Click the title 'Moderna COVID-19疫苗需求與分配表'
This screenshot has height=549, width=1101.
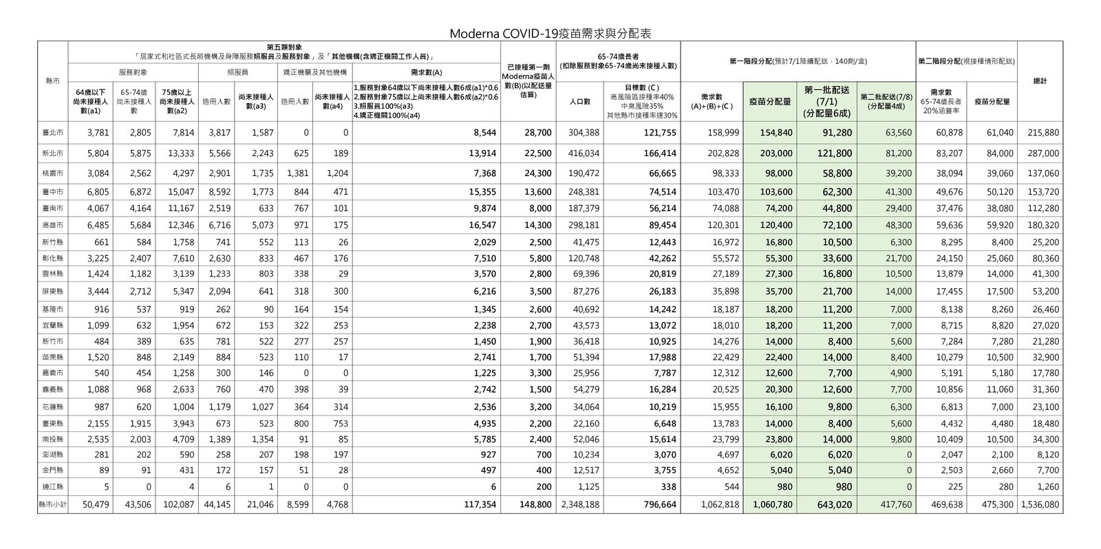click(550, 33)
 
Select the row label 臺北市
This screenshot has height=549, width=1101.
click(53, 133)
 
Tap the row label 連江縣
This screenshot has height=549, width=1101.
click(53, 487)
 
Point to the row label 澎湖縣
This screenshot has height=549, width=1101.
click(53, 455)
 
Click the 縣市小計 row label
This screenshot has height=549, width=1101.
click(53, 505)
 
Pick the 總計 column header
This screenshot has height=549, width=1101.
click(1040, 81)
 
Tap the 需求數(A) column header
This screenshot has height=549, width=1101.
click(427, 72)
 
